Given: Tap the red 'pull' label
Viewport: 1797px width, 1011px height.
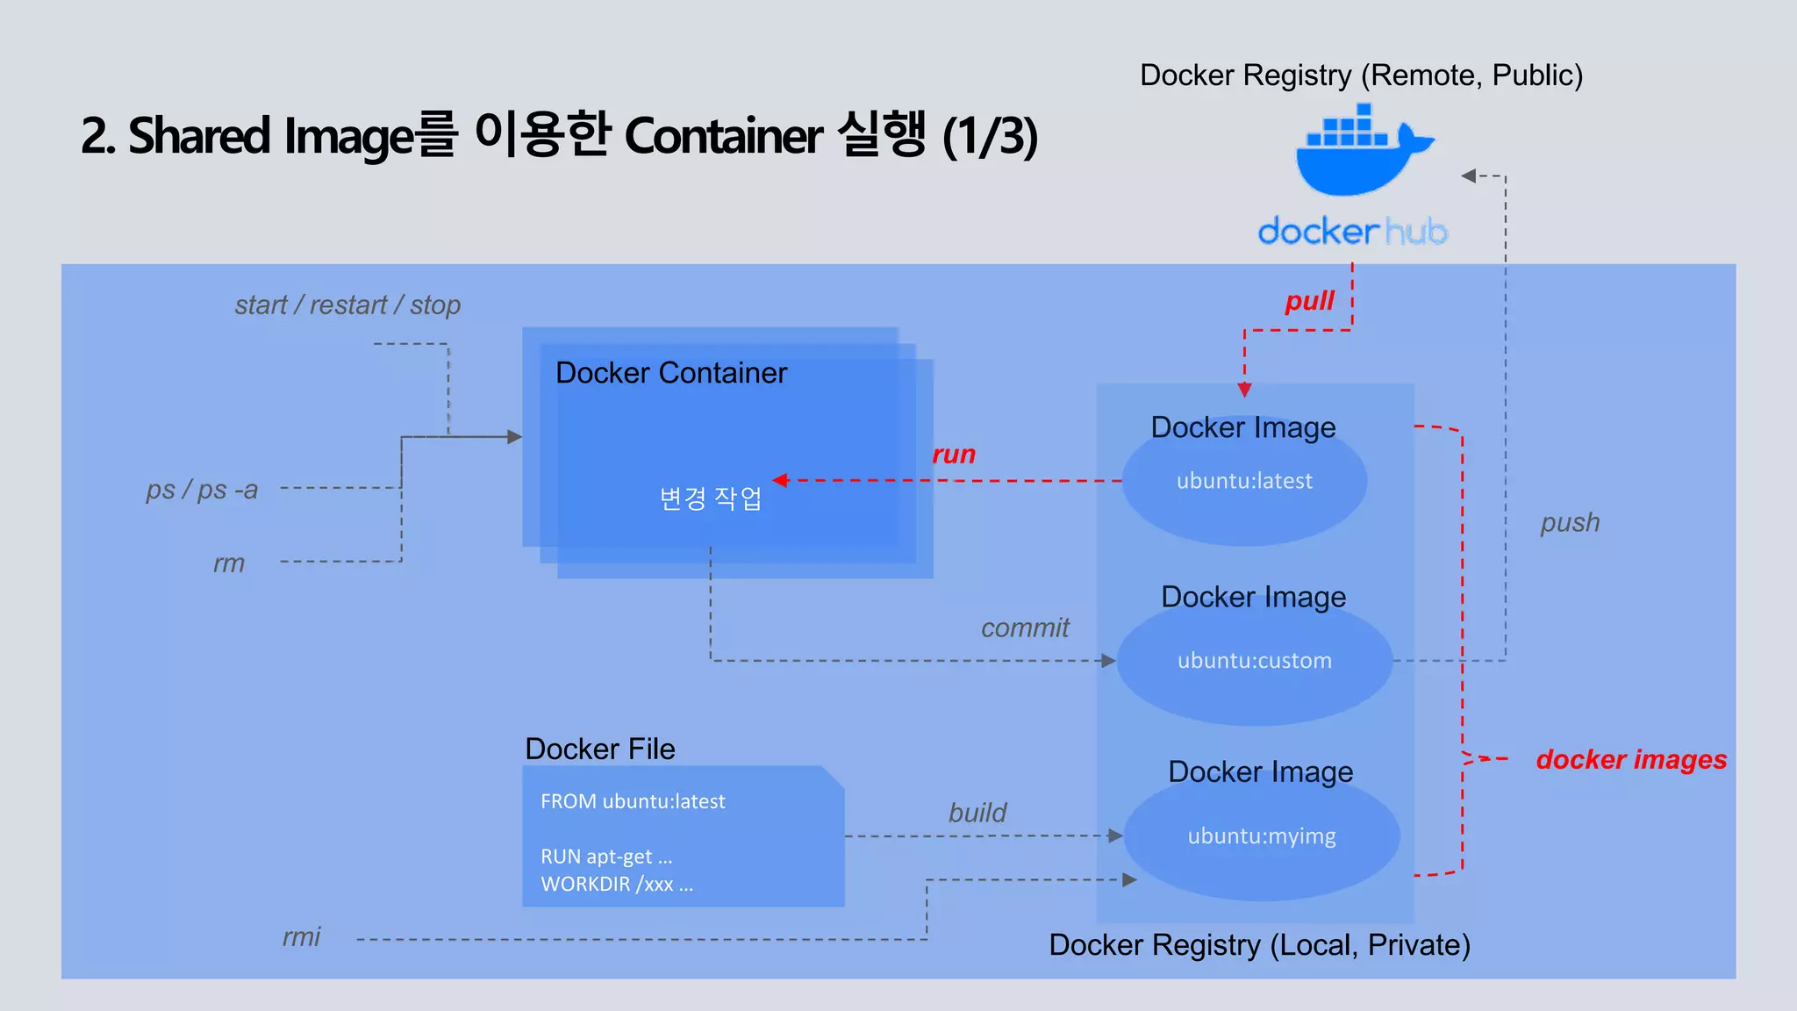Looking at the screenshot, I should click(1309, 301).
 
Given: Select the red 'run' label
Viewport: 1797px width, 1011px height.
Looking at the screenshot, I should click(954, 455).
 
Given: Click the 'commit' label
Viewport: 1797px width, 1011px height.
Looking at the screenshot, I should click(1025, 627).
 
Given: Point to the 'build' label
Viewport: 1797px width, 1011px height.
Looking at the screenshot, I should click(977, 813).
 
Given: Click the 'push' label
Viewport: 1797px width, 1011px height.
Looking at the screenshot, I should click(1570, 523).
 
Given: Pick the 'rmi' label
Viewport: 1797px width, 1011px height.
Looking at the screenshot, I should click(301, 937).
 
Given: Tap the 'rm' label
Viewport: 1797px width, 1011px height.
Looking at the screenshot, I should click(229, 563).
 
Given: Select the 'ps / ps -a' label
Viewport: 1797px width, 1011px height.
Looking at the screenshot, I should click(202, 490).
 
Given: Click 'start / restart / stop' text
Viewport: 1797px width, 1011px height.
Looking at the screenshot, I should click(347, 305).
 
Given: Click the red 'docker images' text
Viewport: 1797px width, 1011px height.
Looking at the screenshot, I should click(1631, 759).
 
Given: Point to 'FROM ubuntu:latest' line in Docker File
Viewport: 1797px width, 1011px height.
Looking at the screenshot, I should click(633, 801).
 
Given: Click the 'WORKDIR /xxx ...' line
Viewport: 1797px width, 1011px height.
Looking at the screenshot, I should click(617, 884).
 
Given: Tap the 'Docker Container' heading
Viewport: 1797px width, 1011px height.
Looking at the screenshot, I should click(671, 373).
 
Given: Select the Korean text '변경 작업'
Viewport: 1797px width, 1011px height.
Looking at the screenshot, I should click(711, 498).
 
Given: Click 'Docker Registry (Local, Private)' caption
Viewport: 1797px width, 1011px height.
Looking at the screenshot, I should click(1259, 945).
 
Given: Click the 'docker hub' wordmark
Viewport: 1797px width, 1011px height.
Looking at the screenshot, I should click(1351, 232).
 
